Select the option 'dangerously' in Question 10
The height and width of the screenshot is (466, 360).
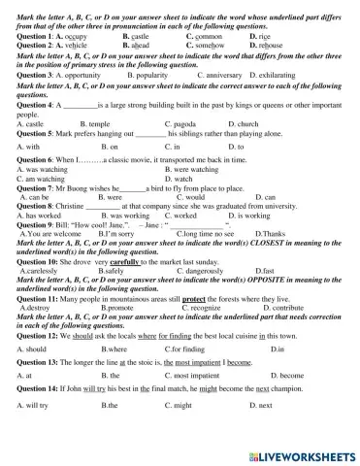199,270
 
